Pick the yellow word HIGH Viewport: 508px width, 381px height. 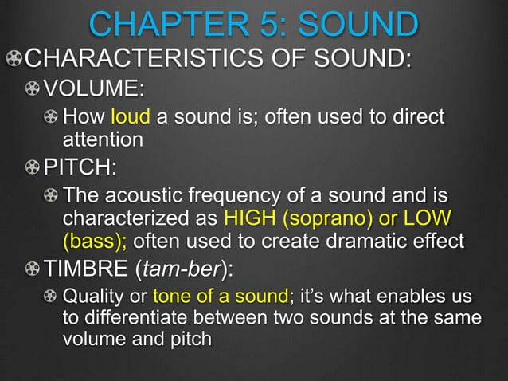tap(250, 218)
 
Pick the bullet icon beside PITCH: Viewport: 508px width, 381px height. tap(32, 169)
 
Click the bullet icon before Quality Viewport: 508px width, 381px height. tap(51, 297)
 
